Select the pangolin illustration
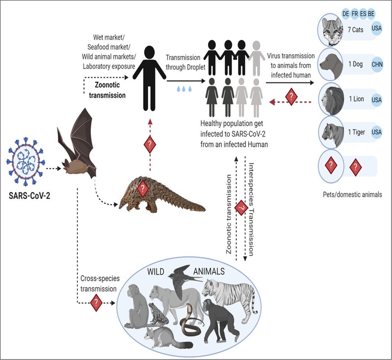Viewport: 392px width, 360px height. pyautogui.click(x=160, y=197)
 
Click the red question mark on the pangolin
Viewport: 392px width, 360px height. pyautogui.click(x=143, y=188)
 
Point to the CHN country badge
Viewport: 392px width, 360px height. pyautogui.click(x=376, y=65)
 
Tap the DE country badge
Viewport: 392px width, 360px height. pyautogui.click(x=346, y=14)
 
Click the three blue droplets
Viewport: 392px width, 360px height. pyautogui.click(x=184, y=89)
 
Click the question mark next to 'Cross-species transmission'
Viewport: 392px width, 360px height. pyautogui.click(x=96, y=303)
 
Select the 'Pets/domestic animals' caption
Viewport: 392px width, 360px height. pyautogui.click(x=352, y=194)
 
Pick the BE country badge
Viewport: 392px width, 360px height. pyautogui.click(x=371, y=14)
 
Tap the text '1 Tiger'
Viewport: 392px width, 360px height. pyautogui.click(x=356, y=132)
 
